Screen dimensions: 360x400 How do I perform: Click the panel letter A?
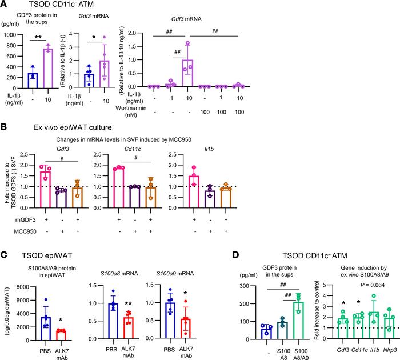(5, 5)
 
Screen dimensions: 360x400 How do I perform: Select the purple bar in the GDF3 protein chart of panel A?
(45, 68)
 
